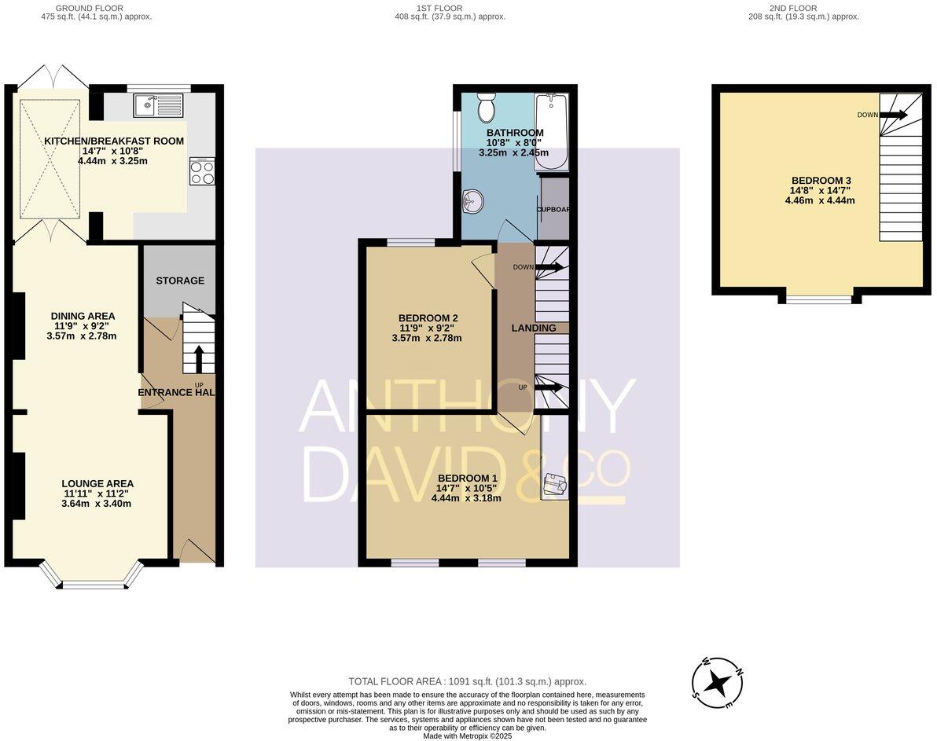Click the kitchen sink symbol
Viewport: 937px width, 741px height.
158,105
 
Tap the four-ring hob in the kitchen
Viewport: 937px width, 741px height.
202,171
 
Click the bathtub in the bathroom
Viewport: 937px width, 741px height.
550,131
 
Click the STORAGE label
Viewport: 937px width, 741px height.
179,281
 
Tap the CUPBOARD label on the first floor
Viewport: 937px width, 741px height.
553,210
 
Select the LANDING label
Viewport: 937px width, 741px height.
534,328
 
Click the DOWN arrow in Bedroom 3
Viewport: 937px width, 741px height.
894,115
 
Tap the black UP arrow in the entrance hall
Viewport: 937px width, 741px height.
197,358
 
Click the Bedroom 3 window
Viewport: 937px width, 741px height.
819,299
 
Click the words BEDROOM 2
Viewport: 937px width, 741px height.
426,317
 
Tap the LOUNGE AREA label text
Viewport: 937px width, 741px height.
98,483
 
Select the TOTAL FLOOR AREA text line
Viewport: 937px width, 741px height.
467,682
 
